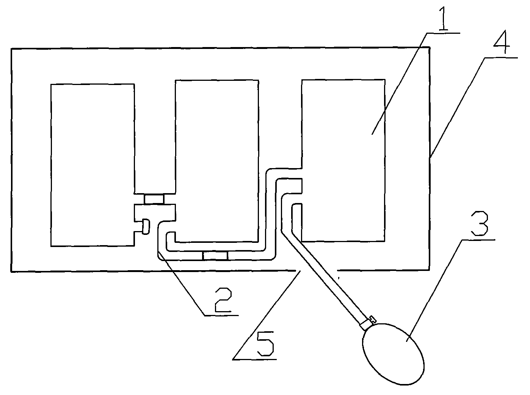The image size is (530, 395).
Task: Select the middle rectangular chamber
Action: [x=216, y=159]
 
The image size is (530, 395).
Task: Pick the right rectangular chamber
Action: [x=343, y=159]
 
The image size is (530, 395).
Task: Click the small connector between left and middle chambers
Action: [x=154, y=199]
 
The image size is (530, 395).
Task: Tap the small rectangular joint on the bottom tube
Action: [x=215, y=256]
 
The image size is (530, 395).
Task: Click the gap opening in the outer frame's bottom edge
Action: [x=316, y=271]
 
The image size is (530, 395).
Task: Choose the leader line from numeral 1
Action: [x=398, y=83]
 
